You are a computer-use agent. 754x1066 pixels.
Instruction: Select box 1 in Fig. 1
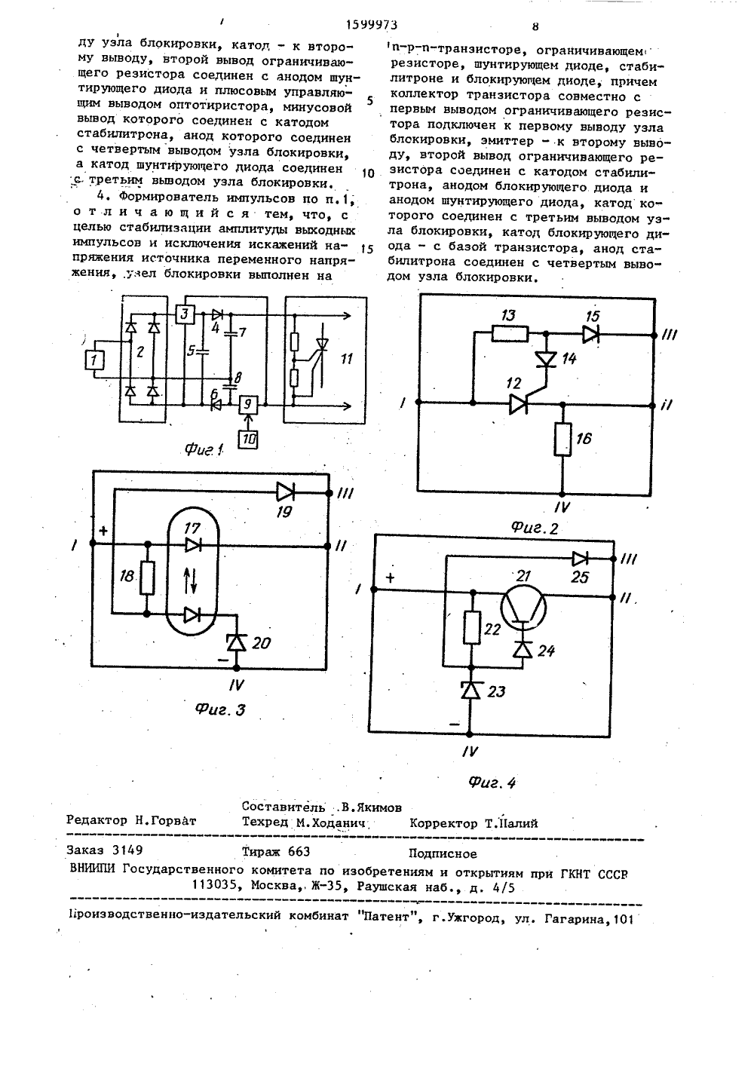(x=94, y=360)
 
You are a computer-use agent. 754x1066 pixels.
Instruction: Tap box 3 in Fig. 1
(x=185, y=314)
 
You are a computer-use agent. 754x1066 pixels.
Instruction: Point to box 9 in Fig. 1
(x=248, y=405)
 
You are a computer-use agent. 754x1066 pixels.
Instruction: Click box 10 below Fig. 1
(x=248, y=438)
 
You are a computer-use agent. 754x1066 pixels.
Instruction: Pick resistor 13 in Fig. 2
(x=510, y=334)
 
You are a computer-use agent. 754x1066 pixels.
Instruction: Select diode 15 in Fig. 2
(x=591, y=335)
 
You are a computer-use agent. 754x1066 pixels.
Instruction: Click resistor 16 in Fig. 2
(x=562, y=439)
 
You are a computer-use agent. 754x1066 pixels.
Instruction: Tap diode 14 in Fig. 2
(x=547, y=358)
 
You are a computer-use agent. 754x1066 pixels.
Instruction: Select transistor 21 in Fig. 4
(x=523, y=607)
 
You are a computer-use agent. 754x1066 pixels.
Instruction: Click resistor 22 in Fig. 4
(x=472, y=628)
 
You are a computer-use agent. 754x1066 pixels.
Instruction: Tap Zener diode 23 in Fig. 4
(x=470, y=690)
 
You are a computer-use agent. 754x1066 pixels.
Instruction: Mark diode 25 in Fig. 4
(x=580, y=558)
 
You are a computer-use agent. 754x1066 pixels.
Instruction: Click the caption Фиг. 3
(x=220, y=710)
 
